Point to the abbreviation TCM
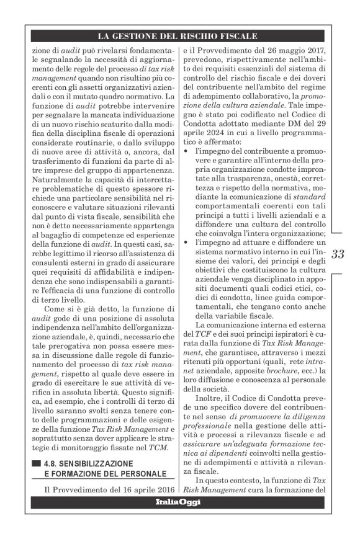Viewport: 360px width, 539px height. coord(159,447)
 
